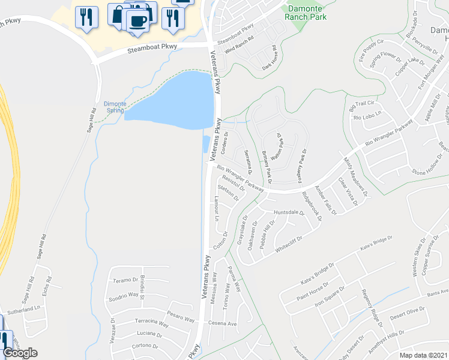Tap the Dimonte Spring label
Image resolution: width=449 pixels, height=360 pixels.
tap(115, 107)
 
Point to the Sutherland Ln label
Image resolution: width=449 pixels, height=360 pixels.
tap(23, 308)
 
